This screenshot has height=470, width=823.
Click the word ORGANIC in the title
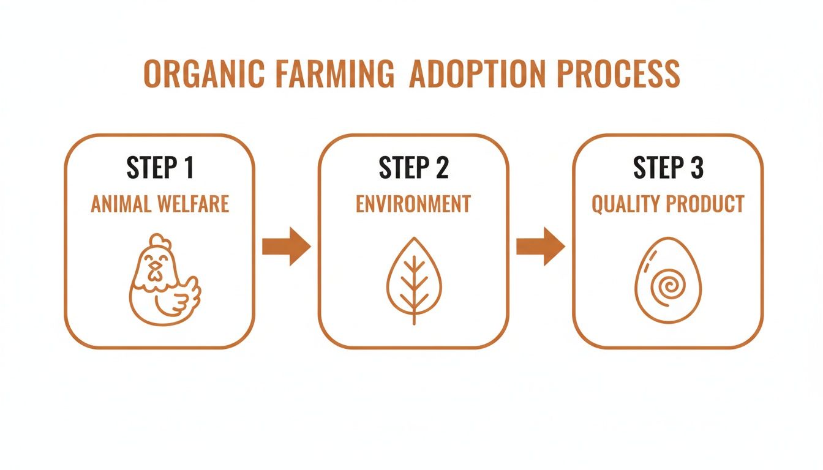pos(204,74)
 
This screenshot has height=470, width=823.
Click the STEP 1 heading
pos(160,168)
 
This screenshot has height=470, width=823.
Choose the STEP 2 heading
pos(413,168)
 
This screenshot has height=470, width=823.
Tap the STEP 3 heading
pos(667,168)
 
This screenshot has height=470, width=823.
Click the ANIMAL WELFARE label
pos(160,204)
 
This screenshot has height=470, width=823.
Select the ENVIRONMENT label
pos(413,204)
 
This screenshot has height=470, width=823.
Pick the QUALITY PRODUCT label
pos(667,204)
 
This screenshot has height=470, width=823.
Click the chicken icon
pos(162,279)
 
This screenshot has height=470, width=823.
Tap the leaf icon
pos(414,280)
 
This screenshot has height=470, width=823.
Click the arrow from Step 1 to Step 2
pos(286,246)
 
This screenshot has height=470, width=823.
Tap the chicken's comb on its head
pos(157,241)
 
